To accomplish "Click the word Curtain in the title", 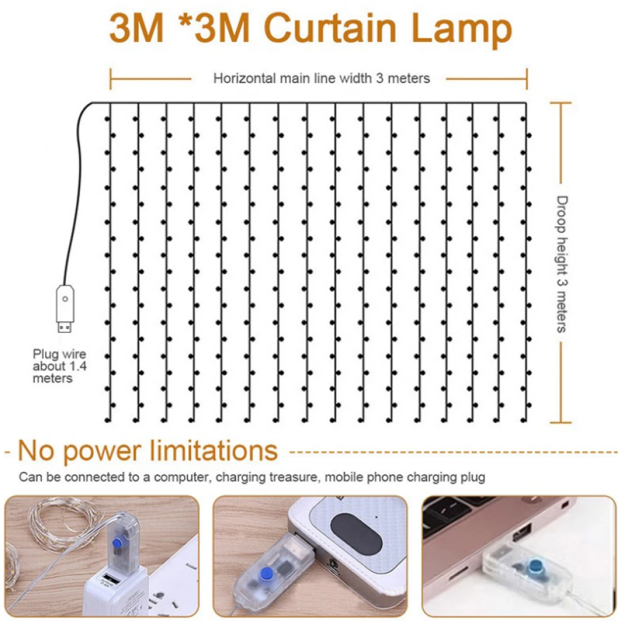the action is click(x=330, y=28).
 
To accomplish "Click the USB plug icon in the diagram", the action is click(x=65, y=308).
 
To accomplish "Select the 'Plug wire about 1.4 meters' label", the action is click(x=59, y=366).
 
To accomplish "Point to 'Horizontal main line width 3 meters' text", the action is click(x=322, y=78).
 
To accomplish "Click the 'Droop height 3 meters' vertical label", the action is click(x=562, y=264).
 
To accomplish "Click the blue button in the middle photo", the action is click(x=267, y=573).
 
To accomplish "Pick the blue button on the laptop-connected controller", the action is click(x=535, y=567).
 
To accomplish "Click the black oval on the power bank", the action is click(x=356, y=534).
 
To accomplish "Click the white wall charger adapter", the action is click(x=115, y=590).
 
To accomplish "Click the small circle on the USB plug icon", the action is click(x=65, y=299).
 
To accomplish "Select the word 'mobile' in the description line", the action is click(x=344, y=477).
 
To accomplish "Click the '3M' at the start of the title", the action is click(x=136, y=28).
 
